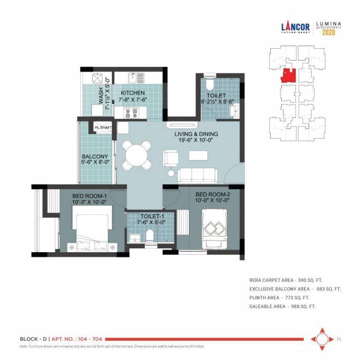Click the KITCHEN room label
(133, 93)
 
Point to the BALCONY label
(95, 157)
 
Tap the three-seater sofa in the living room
(197, 175)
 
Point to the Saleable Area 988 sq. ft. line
(282, 306)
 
